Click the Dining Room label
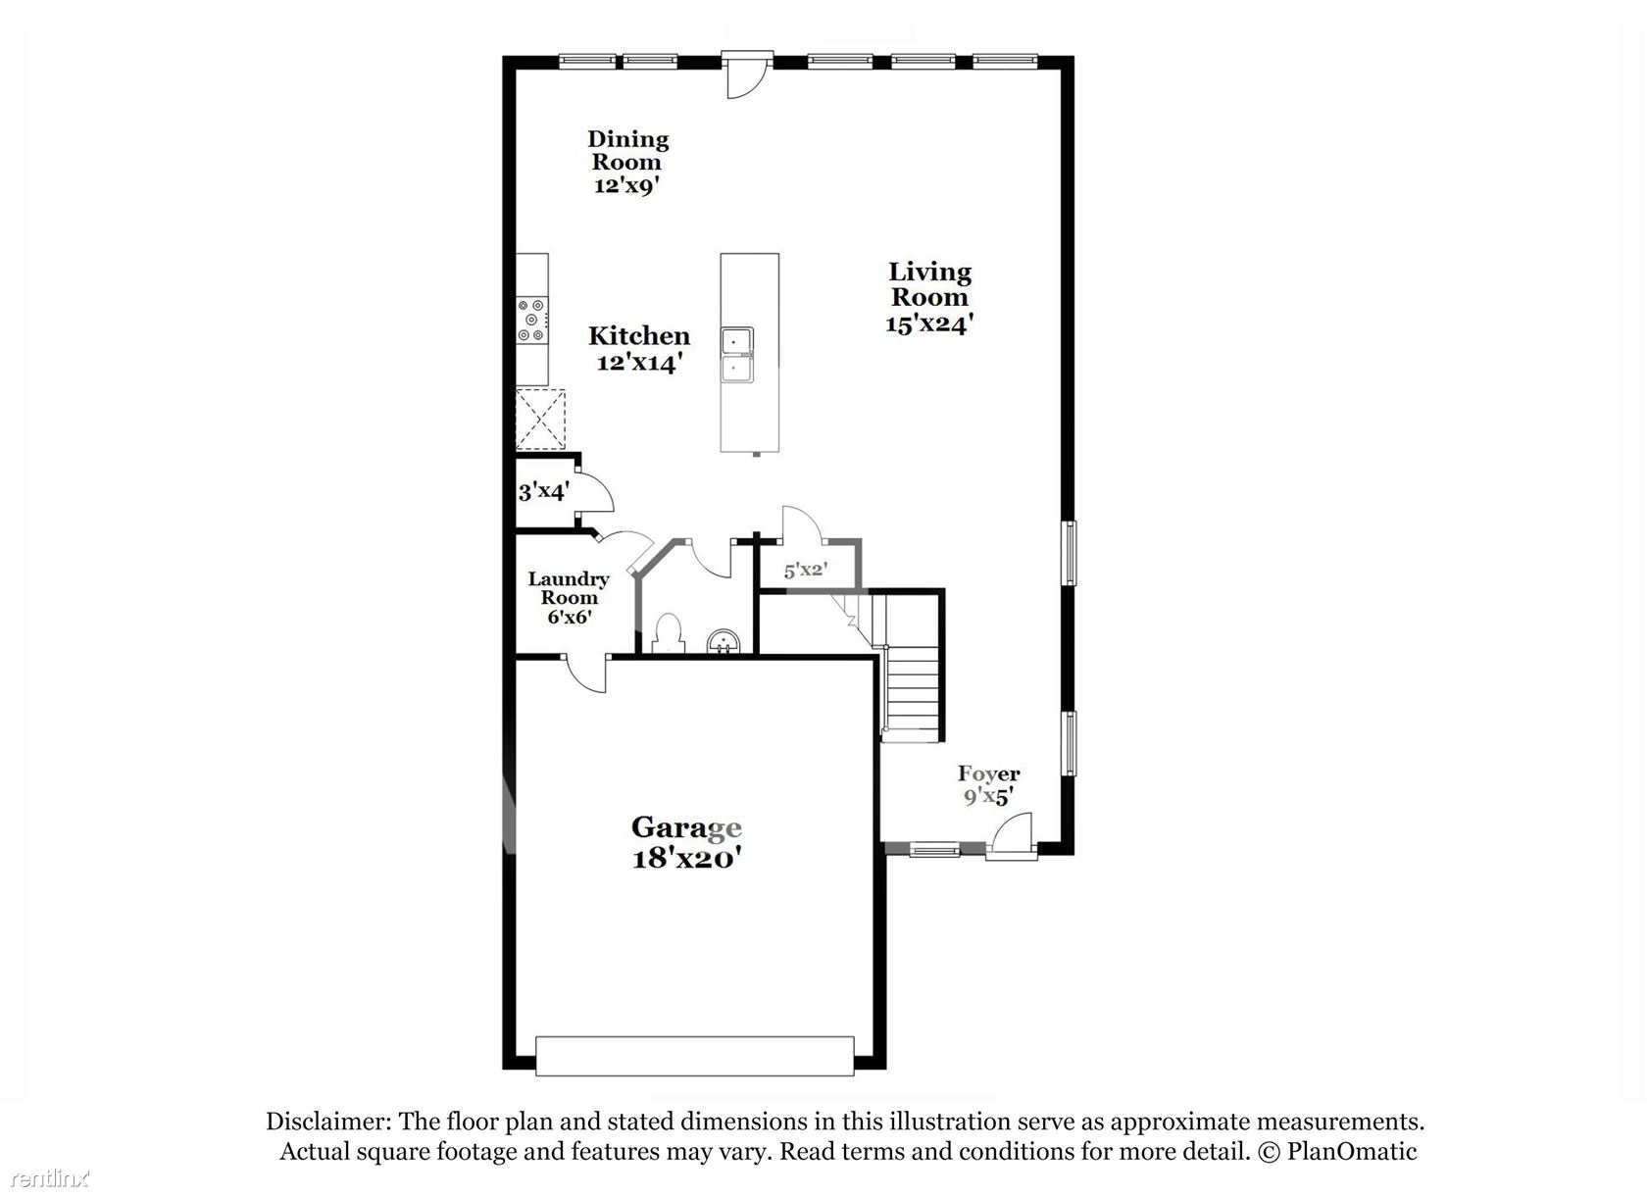pos(627,150)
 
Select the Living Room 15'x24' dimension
pos(929,324)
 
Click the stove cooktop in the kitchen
pos(531,320)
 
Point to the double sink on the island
pos(737,355)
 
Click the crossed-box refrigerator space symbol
pos(540,420)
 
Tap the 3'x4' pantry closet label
pos(543,491)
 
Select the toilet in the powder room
pos(669,633)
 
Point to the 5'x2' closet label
pos(806,570)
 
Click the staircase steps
pos(912,691)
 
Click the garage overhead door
pos(694,1056)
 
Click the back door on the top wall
pos(747,74)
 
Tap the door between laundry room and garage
pos(586,673)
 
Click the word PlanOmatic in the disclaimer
pos(1351,1151)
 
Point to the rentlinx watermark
pos(50,1178)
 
